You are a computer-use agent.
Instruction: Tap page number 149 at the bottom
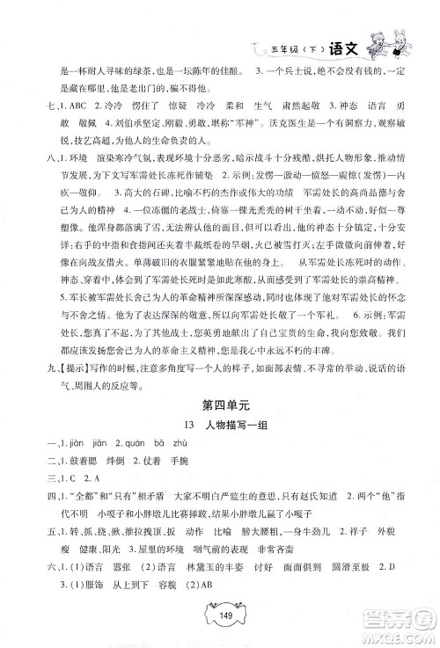tap(219, 626)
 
